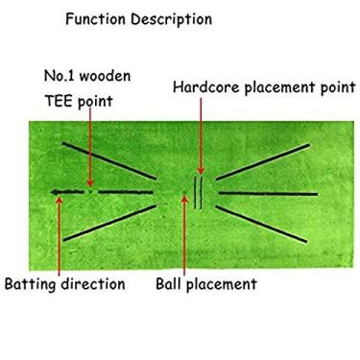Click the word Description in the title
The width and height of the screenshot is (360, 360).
[172, 19]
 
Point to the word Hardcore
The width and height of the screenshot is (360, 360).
[204, 87]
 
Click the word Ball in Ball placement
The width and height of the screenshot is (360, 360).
[172, 284]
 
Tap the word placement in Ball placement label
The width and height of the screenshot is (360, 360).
[224, 284]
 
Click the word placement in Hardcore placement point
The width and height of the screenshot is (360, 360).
[282, 87]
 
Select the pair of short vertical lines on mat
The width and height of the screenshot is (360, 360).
[199, 191]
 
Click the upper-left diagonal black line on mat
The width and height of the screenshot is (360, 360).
[108, 160]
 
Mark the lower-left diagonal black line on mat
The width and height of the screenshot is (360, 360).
[108, 223]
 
